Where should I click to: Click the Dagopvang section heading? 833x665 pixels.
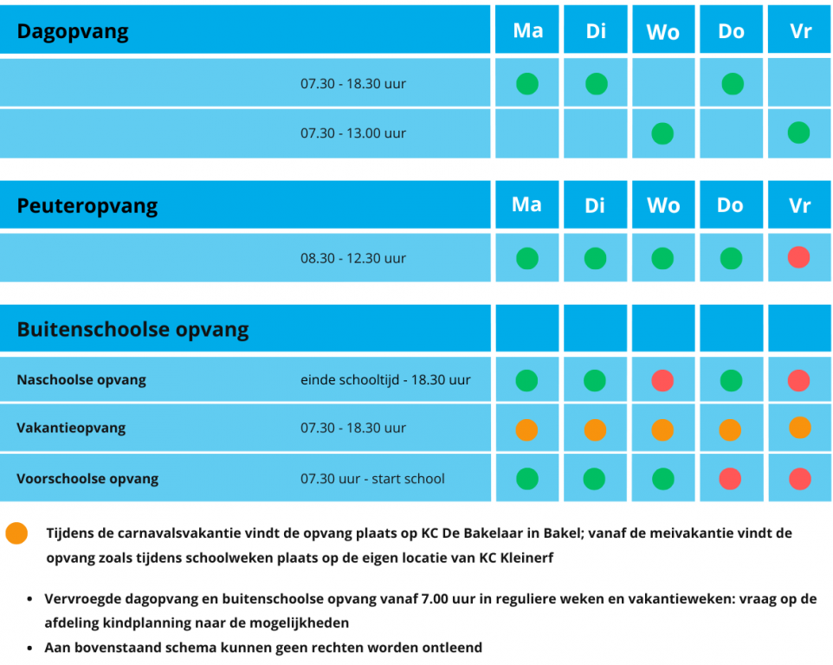pyautogui.click(x=73, y=32)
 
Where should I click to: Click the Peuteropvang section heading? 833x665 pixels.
pyautogui.click(x=87, y=206)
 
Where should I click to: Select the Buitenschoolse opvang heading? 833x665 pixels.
pyautogui.click(x=132, y=329)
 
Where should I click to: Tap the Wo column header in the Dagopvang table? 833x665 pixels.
pyautogui.click(x=662, y=32)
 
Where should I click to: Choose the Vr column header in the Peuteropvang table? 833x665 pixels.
pyautogui.click(x=799, y=206)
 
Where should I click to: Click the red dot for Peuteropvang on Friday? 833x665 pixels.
pyautogui.click(x=799, y=257)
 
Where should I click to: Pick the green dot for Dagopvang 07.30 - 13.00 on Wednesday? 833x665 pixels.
pyautogui.click(x=662, y=133)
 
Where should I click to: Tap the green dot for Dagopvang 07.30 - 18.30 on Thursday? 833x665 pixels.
pyautogui.click(x=732, y=84)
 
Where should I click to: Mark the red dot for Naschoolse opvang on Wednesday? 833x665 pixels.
pyautogui.click(x=662, y=380)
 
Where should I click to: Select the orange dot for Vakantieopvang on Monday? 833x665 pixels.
pyautogui.click(x=526, y=429)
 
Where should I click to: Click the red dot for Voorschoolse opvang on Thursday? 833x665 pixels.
pyautogui.click(x=730, y=479)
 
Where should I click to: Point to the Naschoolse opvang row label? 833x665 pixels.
pyautogui.click(x=81, y=380)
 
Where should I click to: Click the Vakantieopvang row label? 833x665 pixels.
pyautogui.click(x=71, y=428)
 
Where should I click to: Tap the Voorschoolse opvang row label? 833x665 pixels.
pyautogui.click(x=87, y=479)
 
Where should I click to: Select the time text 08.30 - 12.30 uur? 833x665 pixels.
pyautogui.click(x=353, y=258)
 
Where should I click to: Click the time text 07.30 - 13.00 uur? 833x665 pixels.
pyautogui.click(x=353, y=133)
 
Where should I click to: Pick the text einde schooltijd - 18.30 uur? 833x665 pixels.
pyautogui.click(x=385, y=380)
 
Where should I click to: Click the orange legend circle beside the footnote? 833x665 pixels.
pyautogui.click(x=16, y=533)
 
